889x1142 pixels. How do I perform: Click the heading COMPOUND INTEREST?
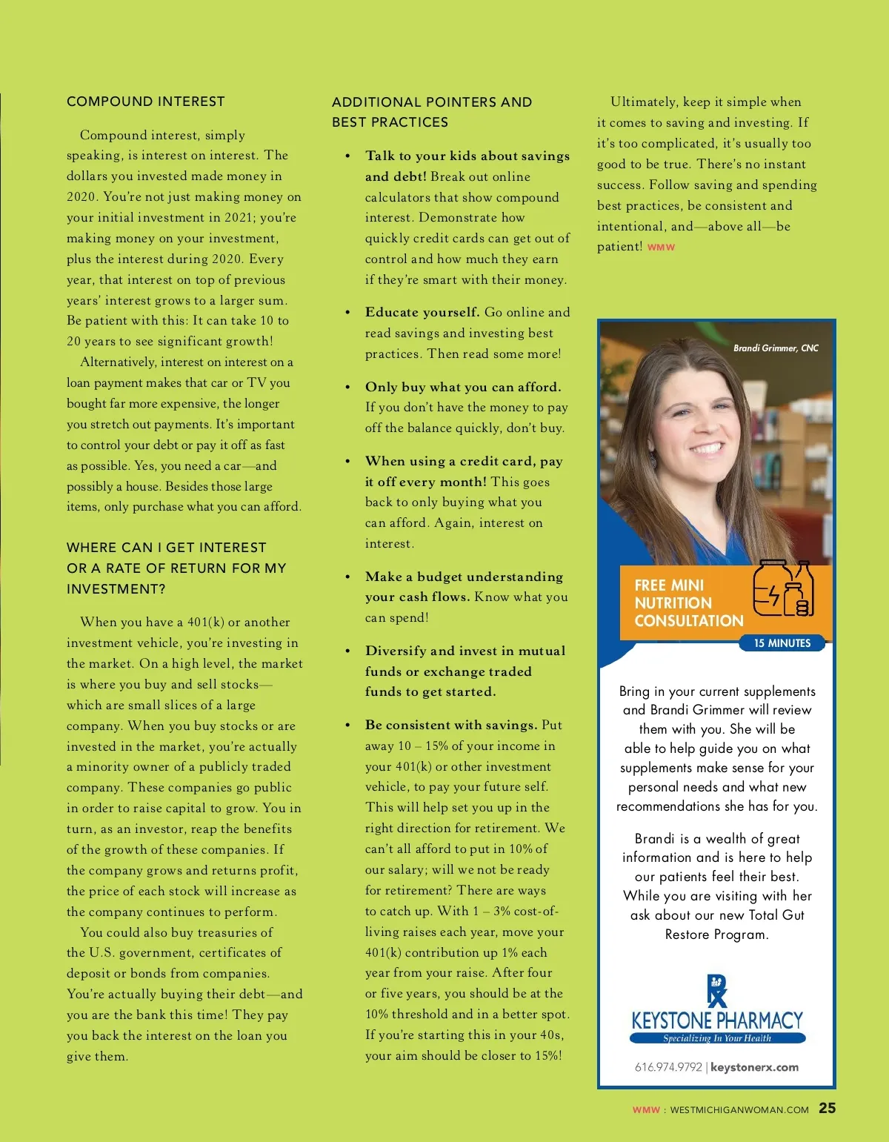pyautogui.click(x=145, y=102)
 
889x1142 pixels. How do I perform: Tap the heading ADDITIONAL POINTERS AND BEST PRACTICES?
pyautogui.click(x=431, y=112)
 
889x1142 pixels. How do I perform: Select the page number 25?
pyautogui.click(x=827, y=1108)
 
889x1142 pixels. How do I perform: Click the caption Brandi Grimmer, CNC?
pyautogui.click(x=776, y=348)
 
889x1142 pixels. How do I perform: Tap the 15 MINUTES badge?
pyautogui.click(x=782, y=643)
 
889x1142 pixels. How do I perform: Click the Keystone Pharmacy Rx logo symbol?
pyautogui.click(x=717, y=991)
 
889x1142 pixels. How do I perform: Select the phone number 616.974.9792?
pyautogui.click(x=667, y=1067)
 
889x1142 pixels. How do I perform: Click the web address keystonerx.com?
pyautogui.click(x=754, y=1067)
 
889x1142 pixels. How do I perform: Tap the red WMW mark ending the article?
pyautogui.click(x=661, y=248)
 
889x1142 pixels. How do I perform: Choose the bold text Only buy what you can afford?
pyautogui.click(x=463, y=387)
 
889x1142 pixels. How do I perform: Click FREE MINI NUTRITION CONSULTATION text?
pyautogui.click(x=688, y=603)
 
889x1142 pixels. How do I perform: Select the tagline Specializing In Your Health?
pyautogui.click(x=716, y=1038)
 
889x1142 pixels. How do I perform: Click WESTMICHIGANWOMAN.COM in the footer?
pyautogui.click(x=739, y=1110)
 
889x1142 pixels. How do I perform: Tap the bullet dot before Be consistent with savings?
pyautogui.click(x=347, y=726)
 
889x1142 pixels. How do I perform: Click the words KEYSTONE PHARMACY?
pyautogui.click(x=716, y=1020)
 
